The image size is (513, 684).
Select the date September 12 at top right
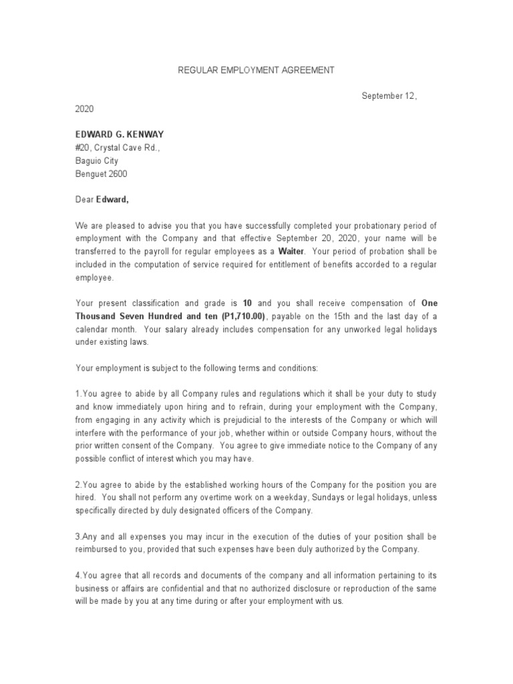click(x=389, y=96)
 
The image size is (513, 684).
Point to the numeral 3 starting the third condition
click(x=77, y=536)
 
